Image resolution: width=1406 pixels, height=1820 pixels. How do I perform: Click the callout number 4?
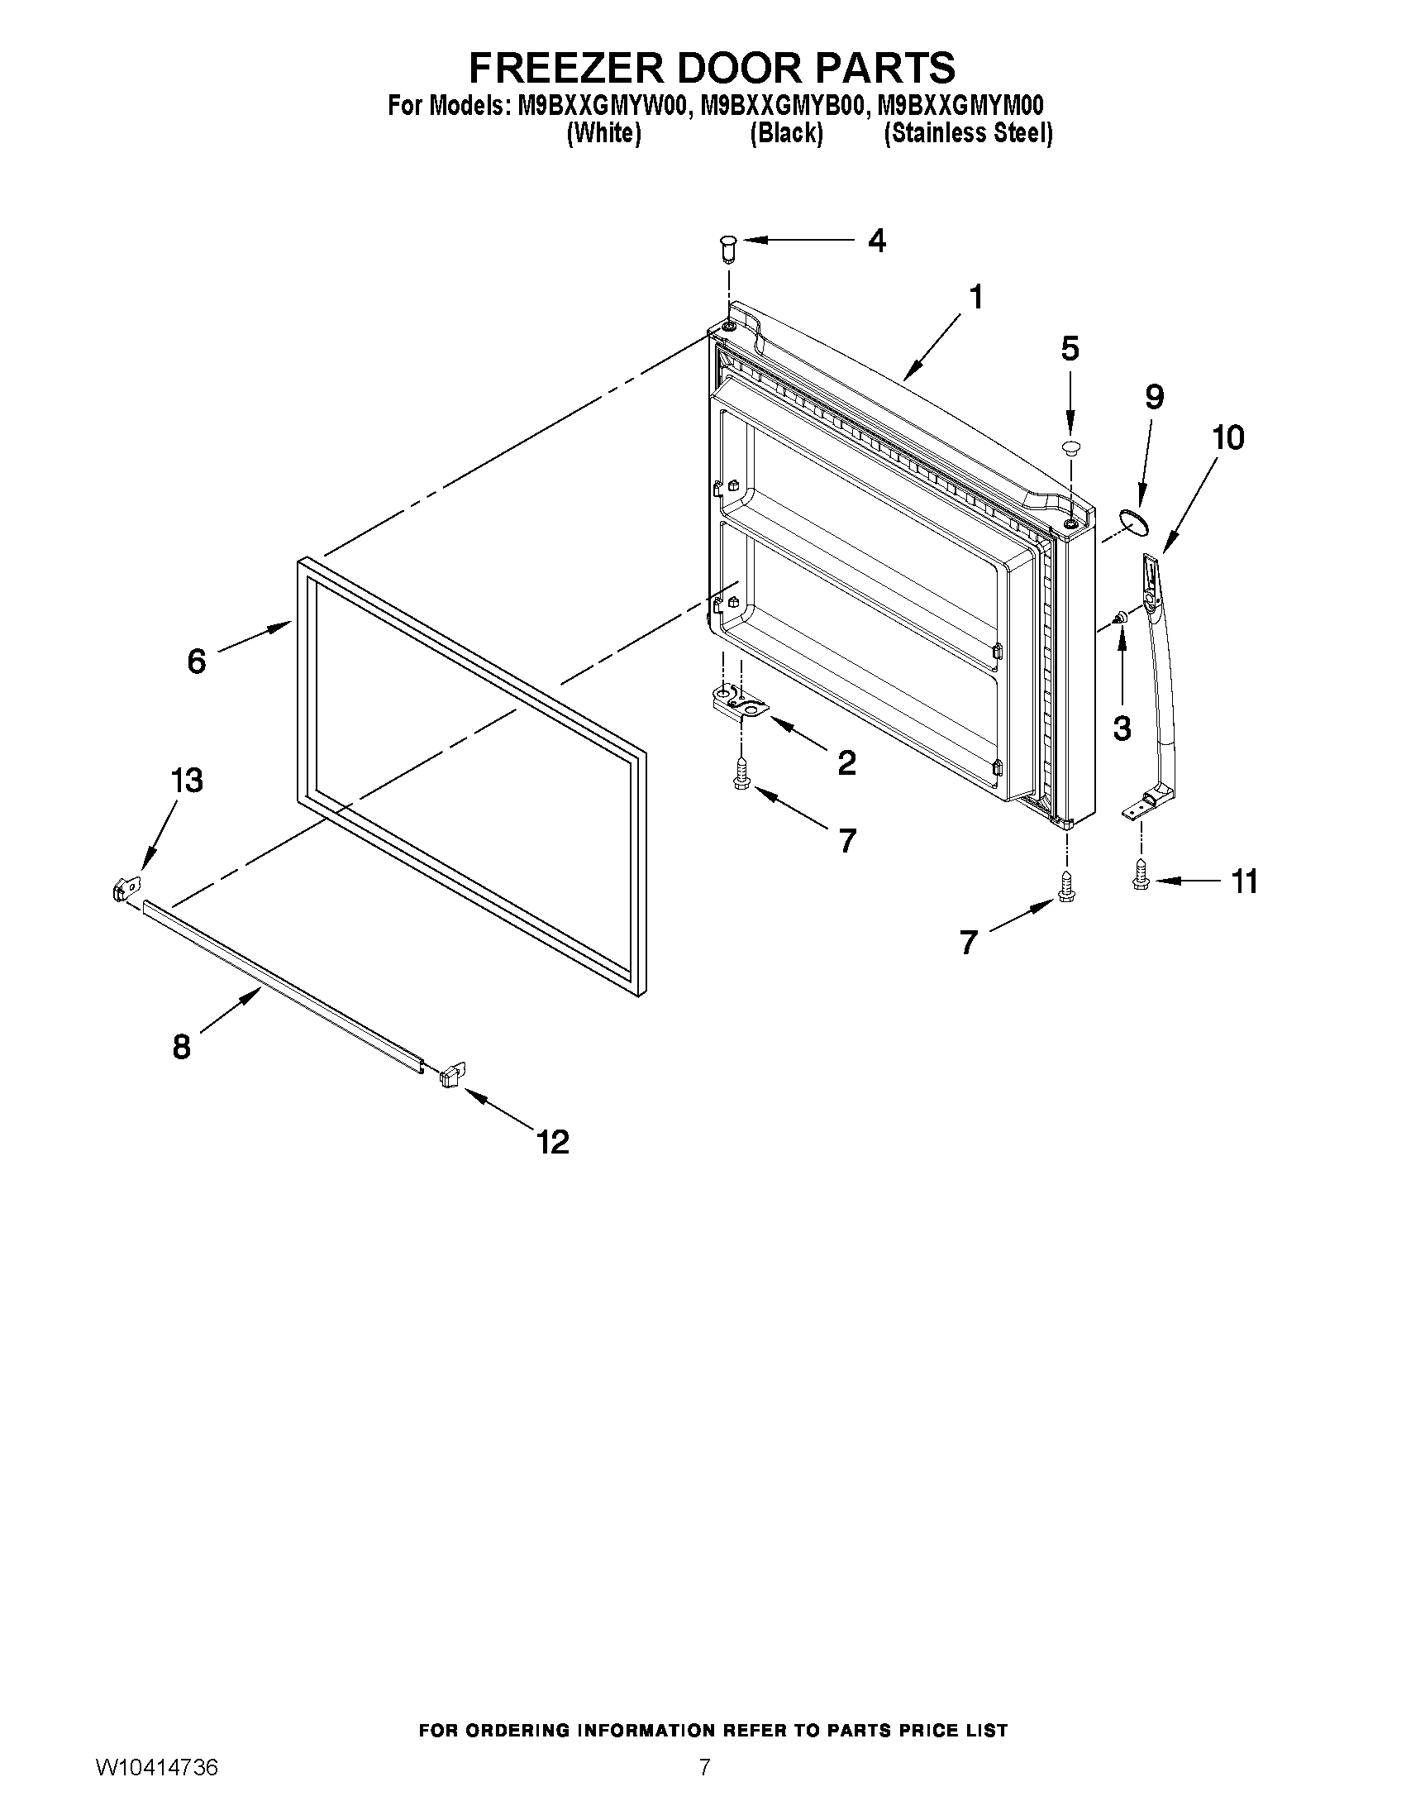coord(876,241)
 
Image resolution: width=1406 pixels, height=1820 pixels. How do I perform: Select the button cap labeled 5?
coord(1070,448)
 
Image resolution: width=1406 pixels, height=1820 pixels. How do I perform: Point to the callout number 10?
coord(1227,437)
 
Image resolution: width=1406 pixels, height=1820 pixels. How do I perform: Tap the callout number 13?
coord(187,781)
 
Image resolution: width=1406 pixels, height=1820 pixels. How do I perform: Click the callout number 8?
coord(182,1047)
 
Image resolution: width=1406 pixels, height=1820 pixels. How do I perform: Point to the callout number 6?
coord(197,662)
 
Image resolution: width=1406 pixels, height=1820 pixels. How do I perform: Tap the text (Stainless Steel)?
coord(968,133)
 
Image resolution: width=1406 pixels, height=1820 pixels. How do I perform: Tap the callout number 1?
coord(975,297)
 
